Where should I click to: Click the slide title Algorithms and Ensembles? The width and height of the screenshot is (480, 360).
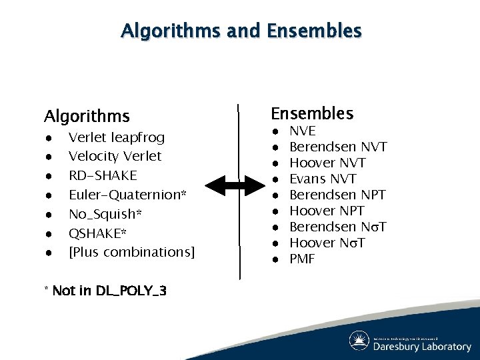(241, 31)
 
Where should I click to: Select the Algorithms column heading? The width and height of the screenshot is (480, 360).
(87, 117)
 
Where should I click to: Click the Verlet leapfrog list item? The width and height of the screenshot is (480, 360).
(116, 137)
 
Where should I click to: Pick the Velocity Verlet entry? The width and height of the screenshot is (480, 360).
(115, 156)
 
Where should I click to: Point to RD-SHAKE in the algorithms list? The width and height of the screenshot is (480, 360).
(103, 175)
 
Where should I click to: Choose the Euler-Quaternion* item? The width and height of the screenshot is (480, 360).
(127, 195)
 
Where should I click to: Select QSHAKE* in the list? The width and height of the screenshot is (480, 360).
(98, 233)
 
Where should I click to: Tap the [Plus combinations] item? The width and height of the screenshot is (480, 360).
(131, 252)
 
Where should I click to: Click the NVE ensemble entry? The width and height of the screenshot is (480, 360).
(303, 131)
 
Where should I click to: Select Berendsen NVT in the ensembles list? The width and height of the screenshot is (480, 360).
(338, 147)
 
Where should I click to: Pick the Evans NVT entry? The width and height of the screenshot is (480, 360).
(323, 179)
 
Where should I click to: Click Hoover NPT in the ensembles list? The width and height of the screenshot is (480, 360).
(327, 211)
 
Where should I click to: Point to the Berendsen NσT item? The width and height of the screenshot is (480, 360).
(338, 227)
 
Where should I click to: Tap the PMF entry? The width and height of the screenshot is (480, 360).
(302, 259)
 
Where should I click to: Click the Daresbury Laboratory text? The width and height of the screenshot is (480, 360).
(421, 346)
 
